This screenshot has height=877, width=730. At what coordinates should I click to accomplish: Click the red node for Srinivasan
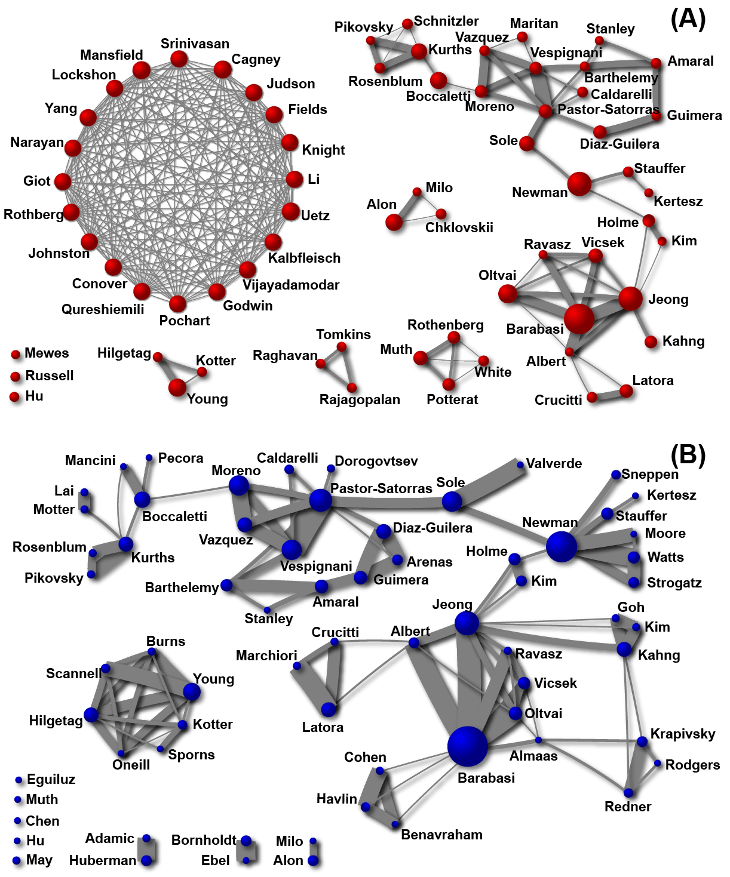[179, 59]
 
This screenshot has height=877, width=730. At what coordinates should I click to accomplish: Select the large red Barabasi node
[579, 319]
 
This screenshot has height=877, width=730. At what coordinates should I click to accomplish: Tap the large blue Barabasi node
[467, 746]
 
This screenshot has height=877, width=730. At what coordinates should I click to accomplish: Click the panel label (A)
[688, 20]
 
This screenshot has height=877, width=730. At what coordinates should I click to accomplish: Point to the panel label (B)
[688, 455]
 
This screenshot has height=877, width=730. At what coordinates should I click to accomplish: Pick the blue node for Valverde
[520, 464]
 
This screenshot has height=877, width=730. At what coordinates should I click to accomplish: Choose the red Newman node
[579, 184]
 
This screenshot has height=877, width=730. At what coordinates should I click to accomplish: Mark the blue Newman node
[562, 546]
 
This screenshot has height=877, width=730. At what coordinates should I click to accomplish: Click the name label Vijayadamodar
[291, 285]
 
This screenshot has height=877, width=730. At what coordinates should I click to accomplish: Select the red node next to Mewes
[16, 355]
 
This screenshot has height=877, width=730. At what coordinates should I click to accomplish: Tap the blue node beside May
[17, 861]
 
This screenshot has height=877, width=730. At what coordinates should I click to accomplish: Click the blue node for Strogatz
[634, 583]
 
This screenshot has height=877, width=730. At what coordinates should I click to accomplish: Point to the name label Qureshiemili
[103, 309]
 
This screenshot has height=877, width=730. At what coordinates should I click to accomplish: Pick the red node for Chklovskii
[441, 214]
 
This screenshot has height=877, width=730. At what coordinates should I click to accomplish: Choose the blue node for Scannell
[106, 668]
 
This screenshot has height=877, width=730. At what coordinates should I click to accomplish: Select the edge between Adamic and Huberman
[146, 850]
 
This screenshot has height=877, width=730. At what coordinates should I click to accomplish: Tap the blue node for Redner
[628, 793]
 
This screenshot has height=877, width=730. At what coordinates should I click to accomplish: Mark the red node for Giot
[63, 181]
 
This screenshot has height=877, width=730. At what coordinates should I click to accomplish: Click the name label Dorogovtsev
[376, 461]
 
